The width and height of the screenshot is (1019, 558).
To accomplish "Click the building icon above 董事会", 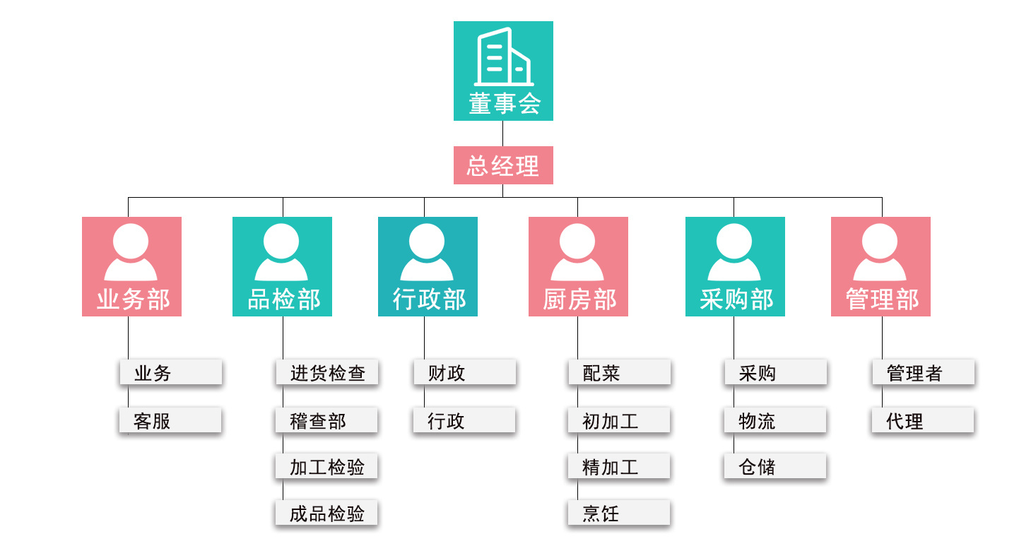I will point(503,57).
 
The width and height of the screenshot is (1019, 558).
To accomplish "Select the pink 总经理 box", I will point(503,166).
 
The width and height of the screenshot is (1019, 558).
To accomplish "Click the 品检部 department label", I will point(283,299).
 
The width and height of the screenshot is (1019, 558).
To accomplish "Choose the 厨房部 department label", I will point(579,299).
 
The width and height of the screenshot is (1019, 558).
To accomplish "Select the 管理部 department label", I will point(882,299).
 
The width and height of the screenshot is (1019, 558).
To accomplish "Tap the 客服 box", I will point(170,421).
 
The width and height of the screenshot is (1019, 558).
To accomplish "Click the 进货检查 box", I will point(327,373).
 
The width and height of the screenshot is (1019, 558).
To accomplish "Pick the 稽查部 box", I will point(326,421).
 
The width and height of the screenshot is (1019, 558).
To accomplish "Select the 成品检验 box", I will point(326,514).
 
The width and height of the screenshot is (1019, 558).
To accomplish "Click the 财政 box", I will point(464,373).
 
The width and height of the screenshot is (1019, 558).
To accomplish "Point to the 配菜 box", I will point(619,373).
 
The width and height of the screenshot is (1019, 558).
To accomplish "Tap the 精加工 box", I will point(619,467).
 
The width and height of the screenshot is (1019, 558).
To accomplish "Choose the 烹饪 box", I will point(619,514).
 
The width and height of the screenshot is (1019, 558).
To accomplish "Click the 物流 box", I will point(775,421).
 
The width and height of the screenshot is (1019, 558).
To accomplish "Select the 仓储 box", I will point(775,467).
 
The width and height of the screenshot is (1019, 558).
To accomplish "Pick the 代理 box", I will point(922,421).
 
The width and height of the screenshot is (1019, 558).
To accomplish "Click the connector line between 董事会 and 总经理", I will point(503,133).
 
